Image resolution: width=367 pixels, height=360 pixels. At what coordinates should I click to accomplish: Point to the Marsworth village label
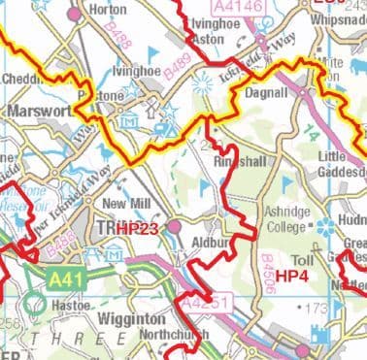click(x=40, y=112)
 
